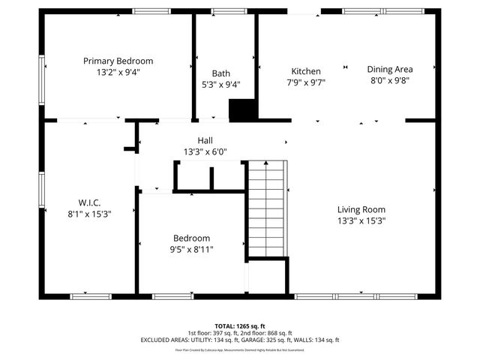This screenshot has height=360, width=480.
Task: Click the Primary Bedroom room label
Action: pos(118,61)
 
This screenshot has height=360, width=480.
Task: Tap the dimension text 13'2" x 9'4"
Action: pos(118,73)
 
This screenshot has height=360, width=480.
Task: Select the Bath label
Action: pos(220,73)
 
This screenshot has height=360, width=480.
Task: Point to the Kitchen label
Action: pos(306,71)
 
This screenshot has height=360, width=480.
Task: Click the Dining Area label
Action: pos(389,68)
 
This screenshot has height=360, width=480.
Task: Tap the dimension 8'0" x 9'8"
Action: pos(389,80)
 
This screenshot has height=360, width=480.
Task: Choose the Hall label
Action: pos(205,140)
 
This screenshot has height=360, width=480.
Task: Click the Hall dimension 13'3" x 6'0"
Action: pos(205,151)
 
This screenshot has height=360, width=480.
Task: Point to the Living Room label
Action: pos(361,209)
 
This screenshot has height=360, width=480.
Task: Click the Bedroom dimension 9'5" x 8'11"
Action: pos(192,249)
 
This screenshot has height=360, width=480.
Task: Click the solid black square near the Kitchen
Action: pos(242,111)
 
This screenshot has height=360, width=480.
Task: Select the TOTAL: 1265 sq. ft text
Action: pos(239,325)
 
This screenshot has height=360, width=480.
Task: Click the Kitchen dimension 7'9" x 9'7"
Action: pos(306,83)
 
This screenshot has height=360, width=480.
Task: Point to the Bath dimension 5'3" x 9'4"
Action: pos(220,85)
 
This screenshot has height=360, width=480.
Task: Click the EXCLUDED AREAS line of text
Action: pos(239,340)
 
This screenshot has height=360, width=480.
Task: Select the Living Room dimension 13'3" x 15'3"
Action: pos(361,221)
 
